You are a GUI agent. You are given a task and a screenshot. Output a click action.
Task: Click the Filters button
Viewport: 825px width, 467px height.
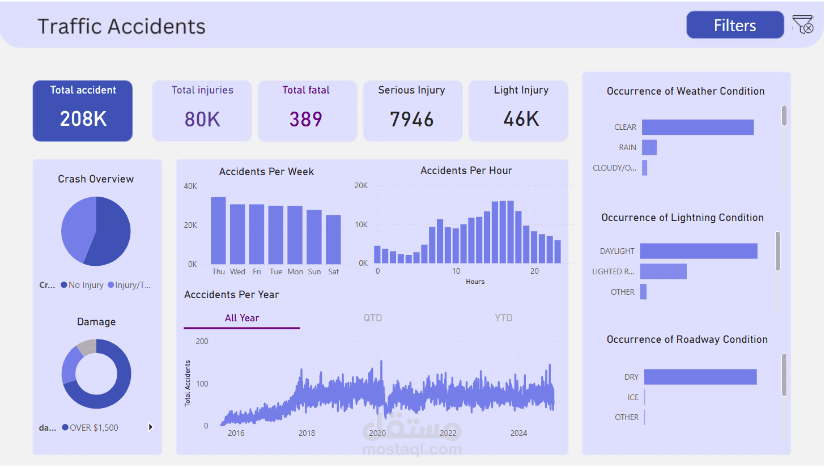735,26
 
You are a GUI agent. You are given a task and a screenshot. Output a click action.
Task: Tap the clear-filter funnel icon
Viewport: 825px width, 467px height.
803,26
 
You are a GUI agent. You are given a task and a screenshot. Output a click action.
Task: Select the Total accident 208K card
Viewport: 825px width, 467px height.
83,111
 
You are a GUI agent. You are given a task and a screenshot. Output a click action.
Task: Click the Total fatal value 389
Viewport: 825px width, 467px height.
306,119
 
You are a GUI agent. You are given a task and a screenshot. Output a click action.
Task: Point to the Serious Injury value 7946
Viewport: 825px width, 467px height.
412,119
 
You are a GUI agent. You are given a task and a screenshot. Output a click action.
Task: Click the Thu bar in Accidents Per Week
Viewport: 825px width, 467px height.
218,230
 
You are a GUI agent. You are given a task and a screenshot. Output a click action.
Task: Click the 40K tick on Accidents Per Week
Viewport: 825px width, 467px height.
190,186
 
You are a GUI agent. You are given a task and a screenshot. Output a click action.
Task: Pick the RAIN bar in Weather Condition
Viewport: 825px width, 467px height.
649,147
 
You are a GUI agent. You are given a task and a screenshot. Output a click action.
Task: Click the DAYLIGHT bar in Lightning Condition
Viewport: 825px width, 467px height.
699,251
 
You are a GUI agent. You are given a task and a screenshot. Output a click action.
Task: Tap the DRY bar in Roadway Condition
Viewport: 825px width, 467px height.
700,377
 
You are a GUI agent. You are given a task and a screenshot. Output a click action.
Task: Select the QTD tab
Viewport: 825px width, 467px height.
373,318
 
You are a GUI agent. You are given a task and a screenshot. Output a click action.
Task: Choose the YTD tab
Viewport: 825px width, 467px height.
503,318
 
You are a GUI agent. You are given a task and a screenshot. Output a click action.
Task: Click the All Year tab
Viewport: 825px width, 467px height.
242,318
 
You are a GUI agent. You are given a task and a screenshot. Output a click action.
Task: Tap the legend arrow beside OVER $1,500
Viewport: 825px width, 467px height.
150,427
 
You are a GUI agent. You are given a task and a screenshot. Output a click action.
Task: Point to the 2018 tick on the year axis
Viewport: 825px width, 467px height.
307,433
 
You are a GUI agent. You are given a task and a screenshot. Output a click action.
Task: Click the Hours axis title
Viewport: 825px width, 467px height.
475,282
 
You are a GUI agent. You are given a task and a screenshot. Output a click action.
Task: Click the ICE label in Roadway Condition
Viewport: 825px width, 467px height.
633,397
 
